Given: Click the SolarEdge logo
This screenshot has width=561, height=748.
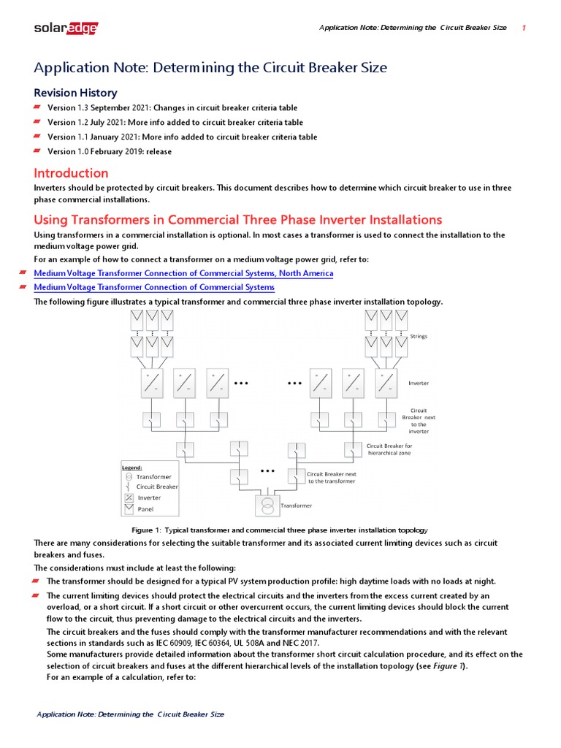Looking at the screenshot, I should point(66,28).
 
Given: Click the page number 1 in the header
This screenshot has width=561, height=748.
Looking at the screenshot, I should point(524,28).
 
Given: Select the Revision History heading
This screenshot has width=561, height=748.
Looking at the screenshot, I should point(75,93).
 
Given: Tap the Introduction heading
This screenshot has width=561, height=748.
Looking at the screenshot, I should point(71,173).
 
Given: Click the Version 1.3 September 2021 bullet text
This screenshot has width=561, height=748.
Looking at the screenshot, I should point(172,108).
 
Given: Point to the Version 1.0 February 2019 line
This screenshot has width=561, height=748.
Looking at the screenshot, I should point(110,151).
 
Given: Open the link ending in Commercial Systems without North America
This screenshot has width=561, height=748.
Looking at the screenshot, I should point(154,287).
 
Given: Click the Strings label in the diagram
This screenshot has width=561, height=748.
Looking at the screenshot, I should point(419,337).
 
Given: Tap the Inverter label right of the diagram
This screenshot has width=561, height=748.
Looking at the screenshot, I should point(419,383).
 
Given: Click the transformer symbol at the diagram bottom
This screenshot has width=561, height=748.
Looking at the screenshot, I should point(267,505).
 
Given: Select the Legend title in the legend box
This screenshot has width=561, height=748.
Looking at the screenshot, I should point(131,467).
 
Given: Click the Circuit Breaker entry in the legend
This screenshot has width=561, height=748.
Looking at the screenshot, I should point(156,486).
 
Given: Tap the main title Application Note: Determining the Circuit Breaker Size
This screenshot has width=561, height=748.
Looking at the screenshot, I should point(210,68).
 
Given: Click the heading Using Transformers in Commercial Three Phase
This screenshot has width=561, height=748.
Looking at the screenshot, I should point(238,220).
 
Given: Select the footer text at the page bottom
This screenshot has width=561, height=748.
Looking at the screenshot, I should point(131,714).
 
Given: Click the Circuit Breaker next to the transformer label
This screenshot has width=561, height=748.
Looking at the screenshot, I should point(331,478).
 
